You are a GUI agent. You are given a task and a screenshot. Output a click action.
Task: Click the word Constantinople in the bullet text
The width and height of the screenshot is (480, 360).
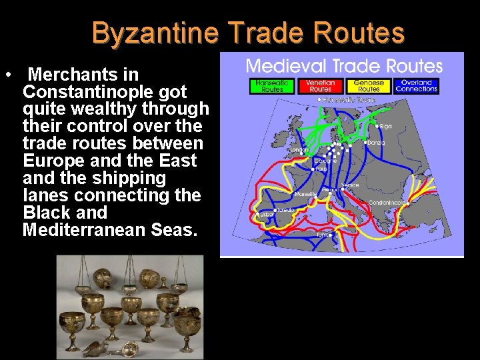[105, 91]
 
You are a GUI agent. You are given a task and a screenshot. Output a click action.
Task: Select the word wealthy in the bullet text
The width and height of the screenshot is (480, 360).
[105, 109]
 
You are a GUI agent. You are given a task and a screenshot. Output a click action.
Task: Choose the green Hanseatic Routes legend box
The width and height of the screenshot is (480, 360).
[272, 86]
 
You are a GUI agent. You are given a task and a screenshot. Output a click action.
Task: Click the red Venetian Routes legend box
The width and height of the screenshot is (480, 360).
[320, 86]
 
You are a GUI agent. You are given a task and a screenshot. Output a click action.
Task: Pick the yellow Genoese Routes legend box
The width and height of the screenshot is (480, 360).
[369, 86]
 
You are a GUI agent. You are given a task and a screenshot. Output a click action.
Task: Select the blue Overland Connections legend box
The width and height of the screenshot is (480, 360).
[416, 86]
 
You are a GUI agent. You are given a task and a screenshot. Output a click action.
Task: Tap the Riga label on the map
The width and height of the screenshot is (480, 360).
[385, 125]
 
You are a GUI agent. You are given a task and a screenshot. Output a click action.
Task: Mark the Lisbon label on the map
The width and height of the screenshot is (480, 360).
[266, 214]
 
